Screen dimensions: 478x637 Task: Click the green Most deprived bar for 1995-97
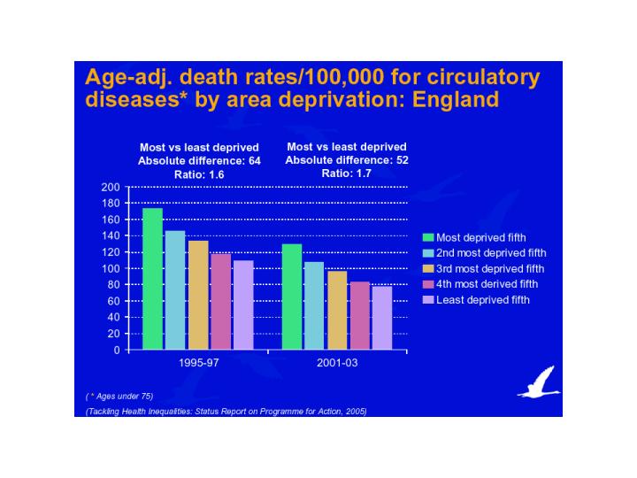pos(152,279)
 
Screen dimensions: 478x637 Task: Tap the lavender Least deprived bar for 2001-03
pos(382,318)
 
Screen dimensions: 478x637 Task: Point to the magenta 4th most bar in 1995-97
pos(220,302)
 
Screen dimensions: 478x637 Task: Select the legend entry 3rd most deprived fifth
pos(490,268)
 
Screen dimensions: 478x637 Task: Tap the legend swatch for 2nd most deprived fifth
pos(429,253)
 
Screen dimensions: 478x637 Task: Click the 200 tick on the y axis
pos(110,188)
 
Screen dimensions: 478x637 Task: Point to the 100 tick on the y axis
pos(110,268)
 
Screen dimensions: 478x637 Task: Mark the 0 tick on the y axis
pos(115,350)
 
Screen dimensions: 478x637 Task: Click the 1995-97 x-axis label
pos(198,364)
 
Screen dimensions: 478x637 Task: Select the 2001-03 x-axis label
pos(336,364)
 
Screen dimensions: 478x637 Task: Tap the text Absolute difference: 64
pos(199,161)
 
